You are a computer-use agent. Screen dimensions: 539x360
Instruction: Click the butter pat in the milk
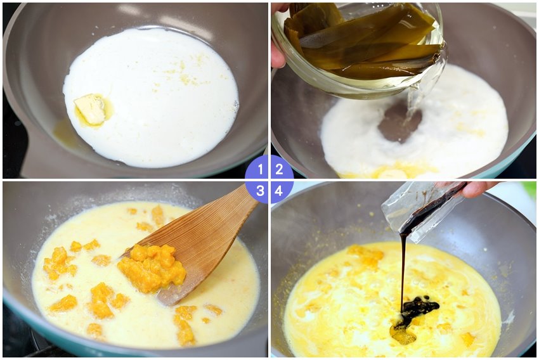pyautogui.click(x=91, y=108)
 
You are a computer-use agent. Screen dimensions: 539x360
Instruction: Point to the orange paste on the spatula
pyautogui.click(x=152, y=267)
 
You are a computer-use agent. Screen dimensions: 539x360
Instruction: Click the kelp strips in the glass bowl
pyautogui.click(x=361, y=41)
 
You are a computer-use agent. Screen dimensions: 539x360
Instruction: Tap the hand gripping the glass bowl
pyautogui.click(x=278, y=38)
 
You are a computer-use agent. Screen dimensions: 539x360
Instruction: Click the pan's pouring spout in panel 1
pyautogui.click(x=38, y=151)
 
